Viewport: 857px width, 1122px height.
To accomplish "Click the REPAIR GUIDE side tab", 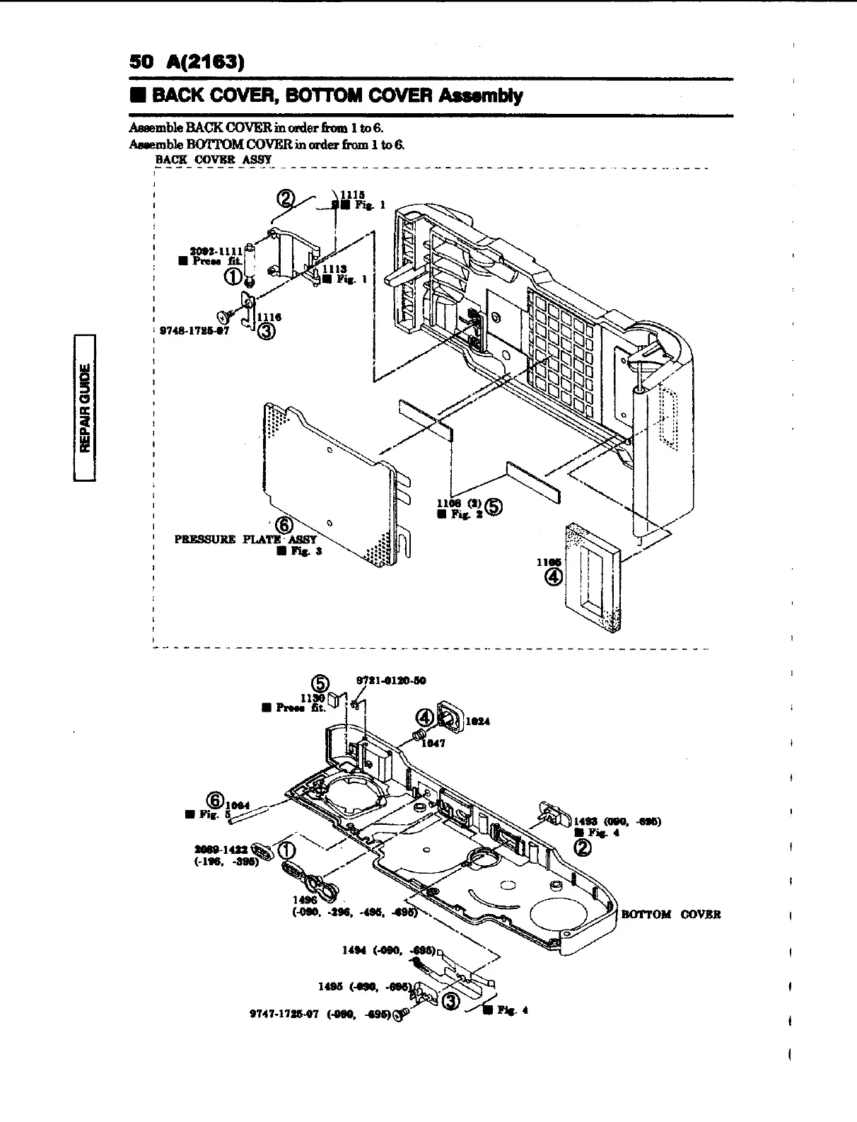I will coord(84,407).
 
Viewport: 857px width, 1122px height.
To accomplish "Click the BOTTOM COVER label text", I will coord(670,914).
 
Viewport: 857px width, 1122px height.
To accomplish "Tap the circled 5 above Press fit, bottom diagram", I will coord(321,683).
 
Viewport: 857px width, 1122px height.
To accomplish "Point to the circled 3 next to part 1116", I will coord(267,331).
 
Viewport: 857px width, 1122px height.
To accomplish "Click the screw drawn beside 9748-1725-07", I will coord(226,314).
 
